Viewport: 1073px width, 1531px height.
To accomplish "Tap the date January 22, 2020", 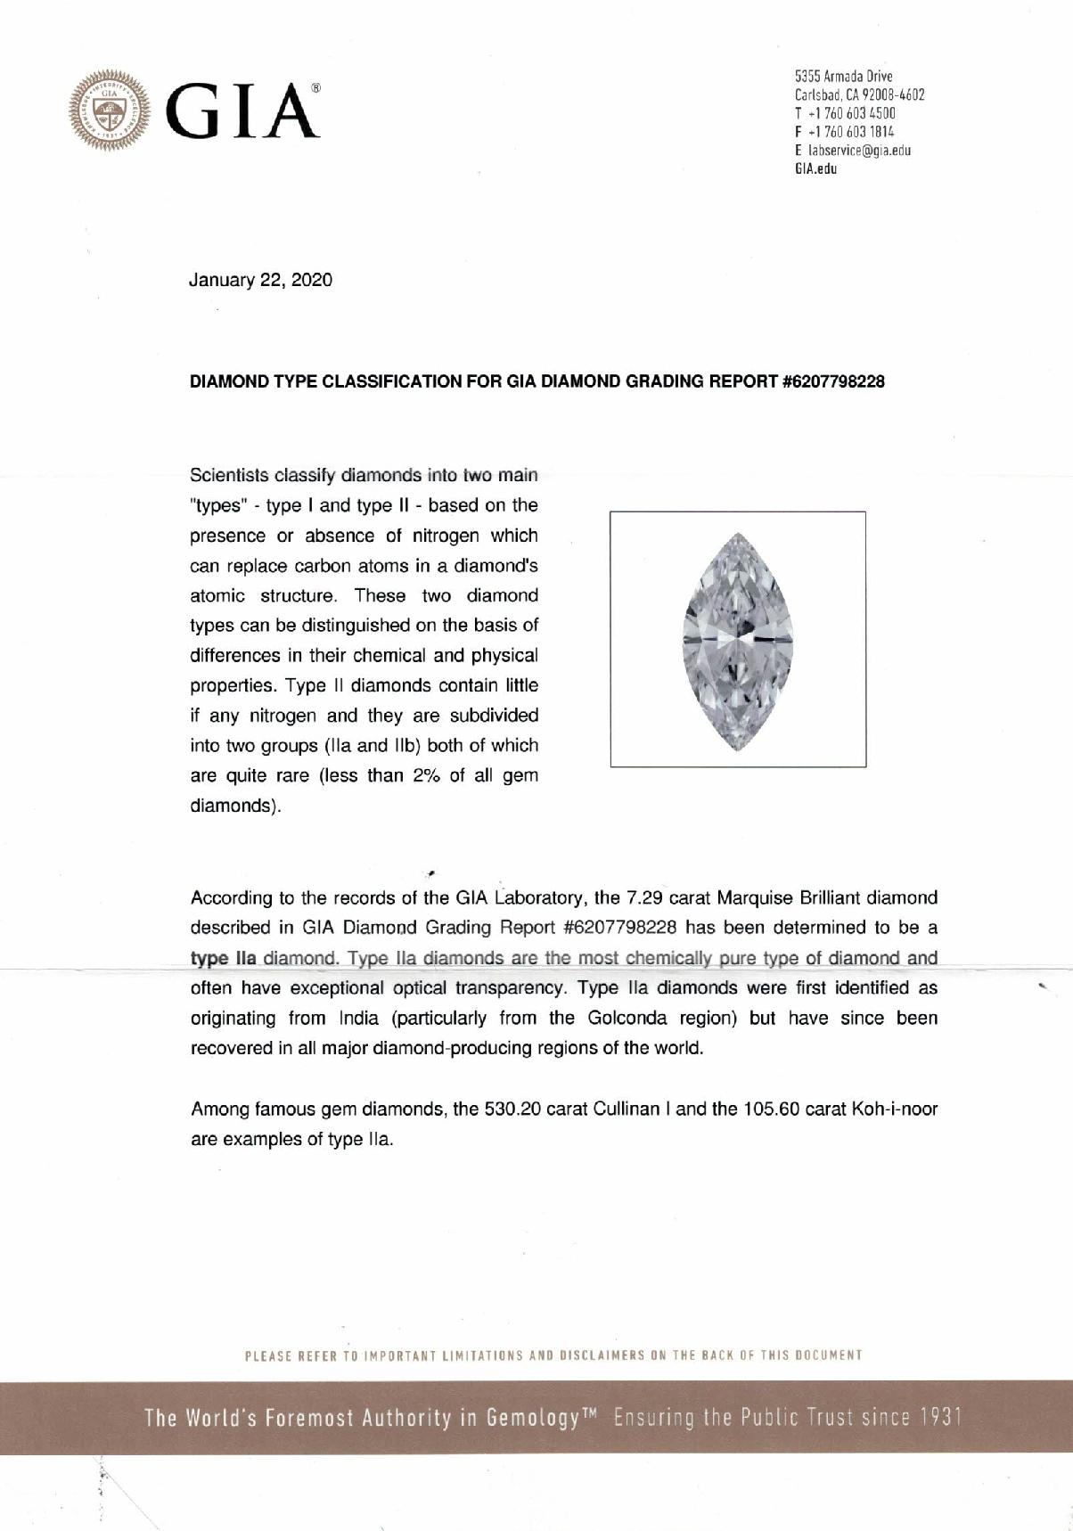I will (260, 280).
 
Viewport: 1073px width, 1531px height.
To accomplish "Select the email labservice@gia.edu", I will (857, 151).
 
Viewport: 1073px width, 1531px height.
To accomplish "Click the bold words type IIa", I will (224, 959).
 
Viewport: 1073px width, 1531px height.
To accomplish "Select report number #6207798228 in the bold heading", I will (832, 382).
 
